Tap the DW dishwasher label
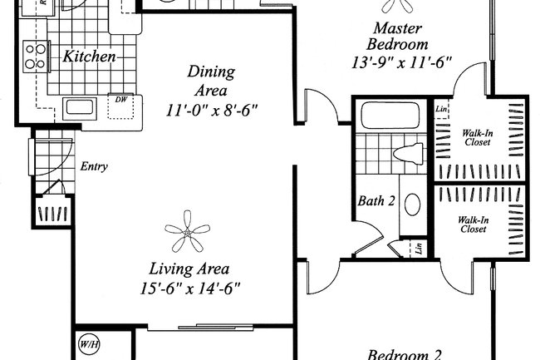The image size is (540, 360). coord(120,100)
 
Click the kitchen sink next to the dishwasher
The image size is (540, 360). coord(81,106)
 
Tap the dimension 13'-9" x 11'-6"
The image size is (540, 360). coord(402,61)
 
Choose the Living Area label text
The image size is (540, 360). coord(189,269)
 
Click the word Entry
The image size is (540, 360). coord(94,167)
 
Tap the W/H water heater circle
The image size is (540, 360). coord(88,344)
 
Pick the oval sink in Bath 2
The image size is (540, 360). coord(411,204)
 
